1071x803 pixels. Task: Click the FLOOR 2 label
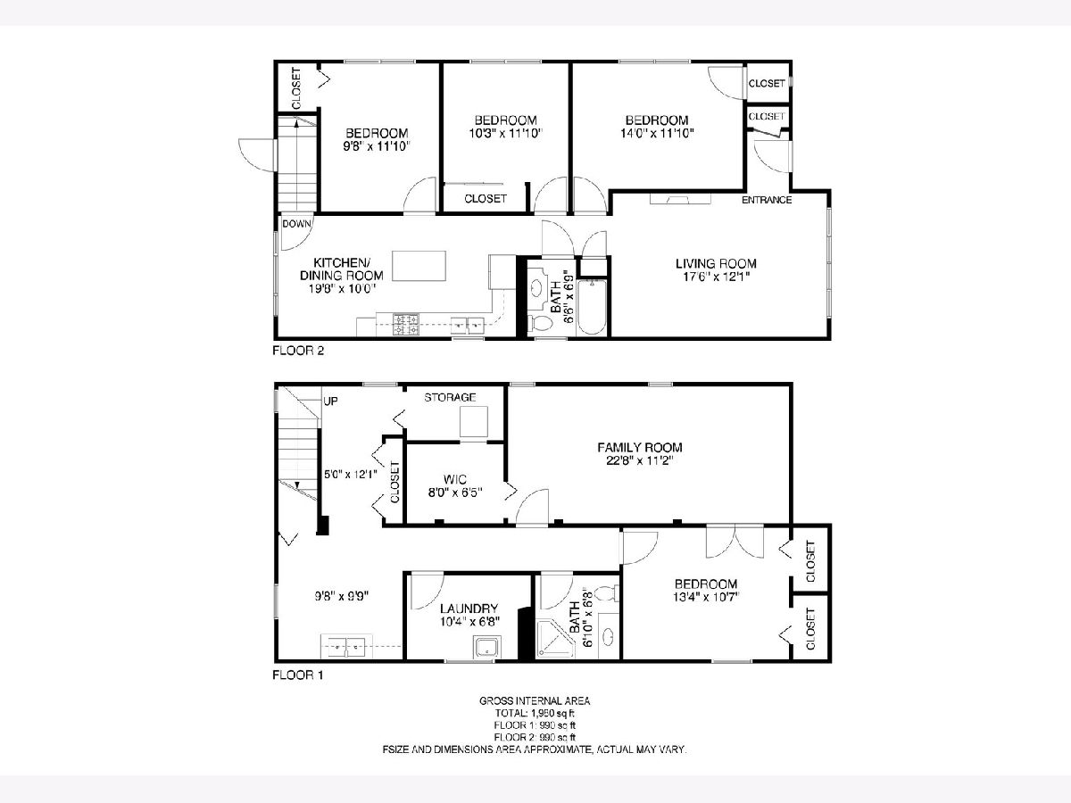298,351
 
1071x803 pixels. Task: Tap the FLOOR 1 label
297,675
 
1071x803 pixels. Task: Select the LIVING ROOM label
716,264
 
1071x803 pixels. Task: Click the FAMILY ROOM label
640,447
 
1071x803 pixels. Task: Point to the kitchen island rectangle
419,266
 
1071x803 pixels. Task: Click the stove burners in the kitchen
406,325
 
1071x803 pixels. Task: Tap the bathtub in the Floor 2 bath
592,307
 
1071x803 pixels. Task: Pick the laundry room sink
486,648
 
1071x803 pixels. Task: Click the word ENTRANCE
767,200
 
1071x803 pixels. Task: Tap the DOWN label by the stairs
296,224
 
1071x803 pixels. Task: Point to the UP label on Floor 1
330,401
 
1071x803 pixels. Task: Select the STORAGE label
450,397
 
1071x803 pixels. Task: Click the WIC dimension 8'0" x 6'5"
455,493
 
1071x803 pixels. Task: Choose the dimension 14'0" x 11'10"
657,133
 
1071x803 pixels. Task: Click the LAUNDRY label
469,608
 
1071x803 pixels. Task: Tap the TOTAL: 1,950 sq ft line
535,713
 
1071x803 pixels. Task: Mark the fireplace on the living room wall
680,199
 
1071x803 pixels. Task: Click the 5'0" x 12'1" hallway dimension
351,474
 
